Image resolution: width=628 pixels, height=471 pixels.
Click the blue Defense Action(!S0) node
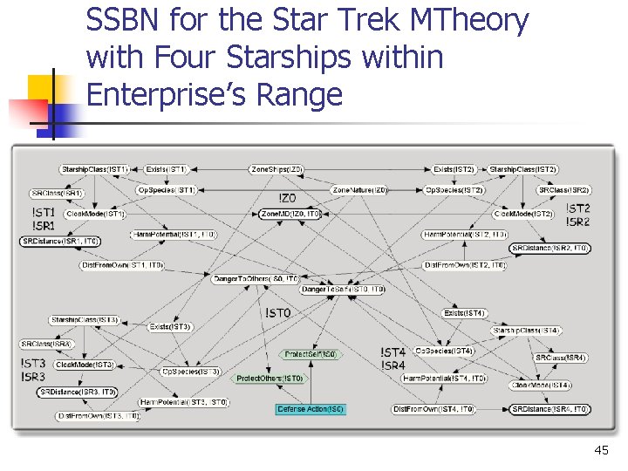pos(311,409)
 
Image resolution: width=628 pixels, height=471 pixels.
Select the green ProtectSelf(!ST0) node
pos(310,355)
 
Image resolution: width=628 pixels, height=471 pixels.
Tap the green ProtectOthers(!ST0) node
pos(270,379)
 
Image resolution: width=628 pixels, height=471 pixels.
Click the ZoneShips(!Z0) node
pos(276,168)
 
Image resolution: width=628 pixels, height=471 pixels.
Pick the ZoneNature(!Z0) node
pos(359,189)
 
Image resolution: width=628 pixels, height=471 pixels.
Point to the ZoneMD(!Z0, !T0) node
pos(290,214)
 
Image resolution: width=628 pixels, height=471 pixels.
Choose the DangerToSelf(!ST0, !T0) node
pos(343,290)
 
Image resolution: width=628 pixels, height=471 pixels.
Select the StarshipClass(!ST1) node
pos(95,168)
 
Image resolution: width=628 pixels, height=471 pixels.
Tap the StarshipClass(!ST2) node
pos(523,168)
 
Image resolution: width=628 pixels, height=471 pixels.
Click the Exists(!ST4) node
pos(464,313)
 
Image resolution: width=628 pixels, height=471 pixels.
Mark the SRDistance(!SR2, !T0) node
pos(549,249)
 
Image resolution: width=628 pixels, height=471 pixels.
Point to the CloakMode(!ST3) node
pos(85,365)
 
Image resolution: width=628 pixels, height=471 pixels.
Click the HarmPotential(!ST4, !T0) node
pos(444,379)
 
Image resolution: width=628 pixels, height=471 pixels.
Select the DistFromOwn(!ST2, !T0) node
pos(465,265)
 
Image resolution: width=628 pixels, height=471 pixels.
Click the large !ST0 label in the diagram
pos(277,312)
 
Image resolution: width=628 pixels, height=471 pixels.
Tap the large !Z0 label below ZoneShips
pos(288,198)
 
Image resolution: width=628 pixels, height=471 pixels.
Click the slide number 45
pos(600,450)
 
